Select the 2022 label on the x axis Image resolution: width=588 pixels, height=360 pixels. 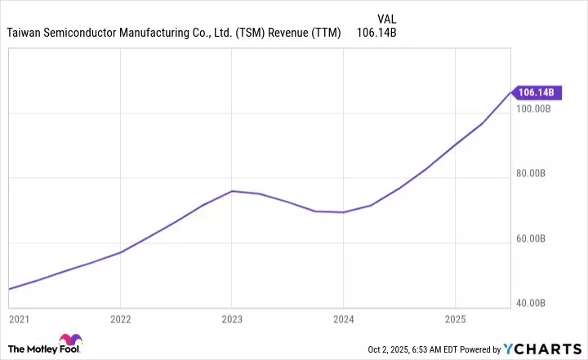[x=121, y=318]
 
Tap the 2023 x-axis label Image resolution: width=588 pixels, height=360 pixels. [x=232, y=318]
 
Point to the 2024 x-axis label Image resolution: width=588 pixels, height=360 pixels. [x=344, y=318]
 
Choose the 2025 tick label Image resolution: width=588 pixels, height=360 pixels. [x=455, y=318]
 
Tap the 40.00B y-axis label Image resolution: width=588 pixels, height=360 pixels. [x=537, y=304]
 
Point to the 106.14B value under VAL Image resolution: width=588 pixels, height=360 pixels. [x=377, y=33]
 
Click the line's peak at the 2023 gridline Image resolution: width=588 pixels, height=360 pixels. [x=232, y=191]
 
